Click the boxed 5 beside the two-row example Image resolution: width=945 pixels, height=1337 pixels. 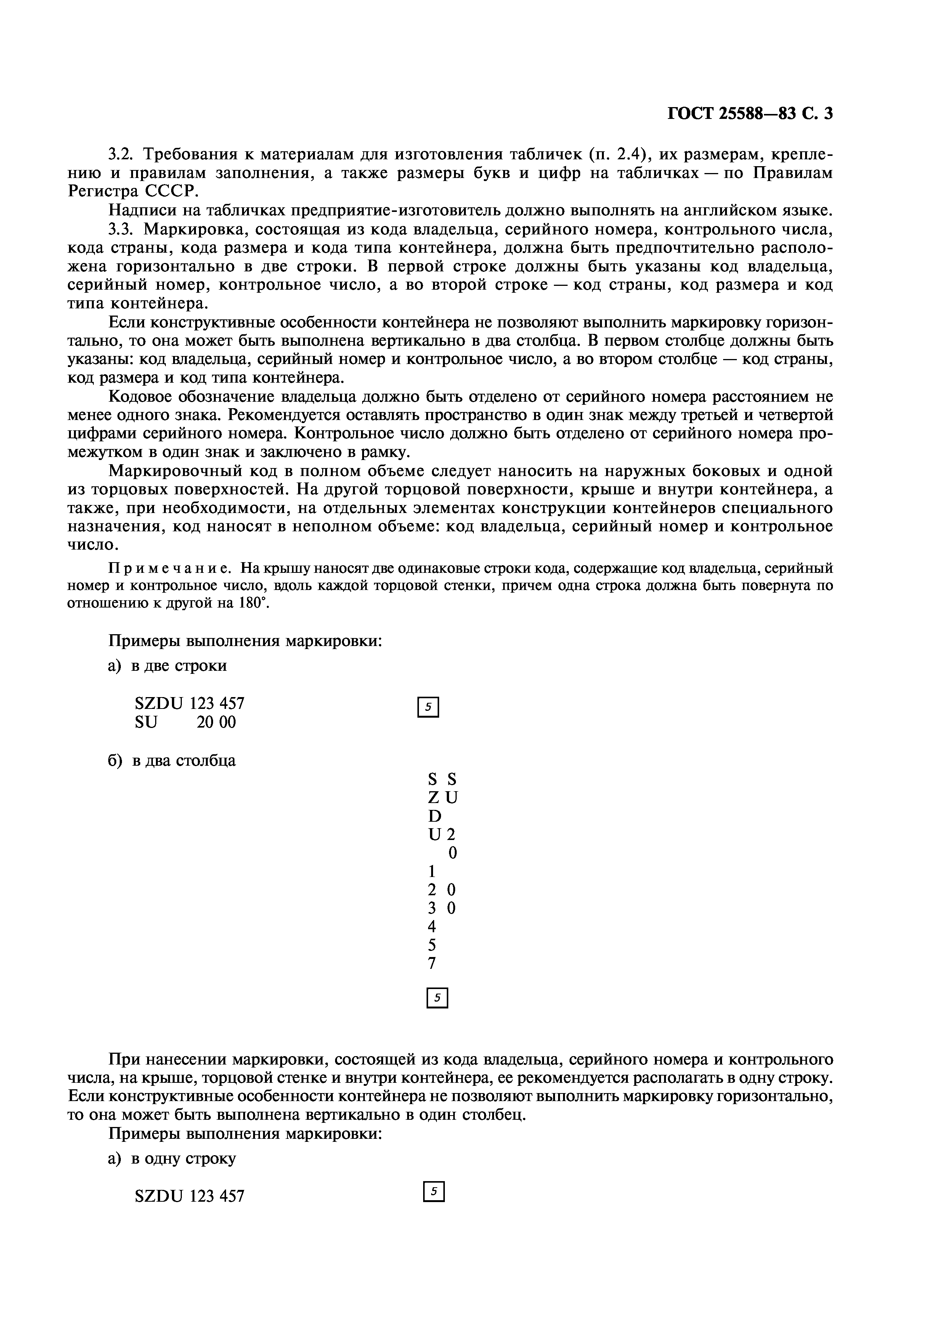[x=428, y=707]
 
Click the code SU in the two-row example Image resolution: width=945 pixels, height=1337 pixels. [x=146, y=723]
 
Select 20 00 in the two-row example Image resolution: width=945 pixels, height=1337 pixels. [x=216, y=723]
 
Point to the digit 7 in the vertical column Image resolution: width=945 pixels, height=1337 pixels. [x=432, y=964]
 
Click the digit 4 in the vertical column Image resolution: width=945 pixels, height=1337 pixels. [x=432, y=927]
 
